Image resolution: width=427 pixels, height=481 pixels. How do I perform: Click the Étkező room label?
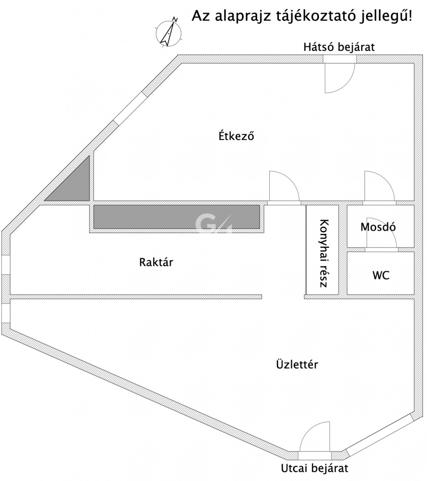[x=236, y=135]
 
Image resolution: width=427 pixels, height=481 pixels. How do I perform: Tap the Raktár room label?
[x=156, y=262]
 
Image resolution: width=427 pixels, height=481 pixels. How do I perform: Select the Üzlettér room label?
[x=297, y=364]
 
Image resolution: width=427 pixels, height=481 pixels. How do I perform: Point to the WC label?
[x=381, y=275]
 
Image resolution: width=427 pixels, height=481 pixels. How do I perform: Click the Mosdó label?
[x=378, y=227]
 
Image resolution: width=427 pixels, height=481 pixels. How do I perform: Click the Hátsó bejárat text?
[x=339, y=47]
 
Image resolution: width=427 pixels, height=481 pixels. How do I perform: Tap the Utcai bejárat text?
[x=315, y=468]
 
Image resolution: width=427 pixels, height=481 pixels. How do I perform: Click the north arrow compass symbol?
[x=168, y=32]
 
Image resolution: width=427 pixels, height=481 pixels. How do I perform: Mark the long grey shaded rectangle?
[x=176, y=217]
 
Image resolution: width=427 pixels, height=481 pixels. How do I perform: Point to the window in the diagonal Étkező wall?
[x=130, y=107]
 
